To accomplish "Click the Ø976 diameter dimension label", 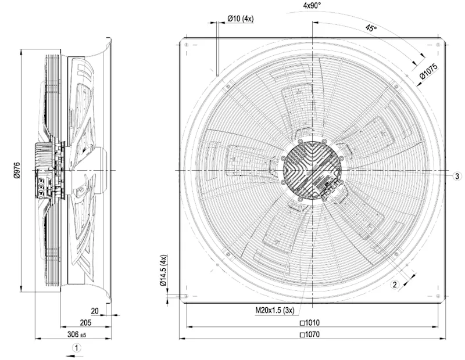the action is point(17,170).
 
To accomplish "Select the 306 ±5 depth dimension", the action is point(77,334).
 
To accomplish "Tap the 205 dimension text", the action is point(85,323).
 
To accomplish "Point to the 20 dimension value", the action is point(95,311).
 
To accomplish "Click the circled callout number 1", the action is point(77,348).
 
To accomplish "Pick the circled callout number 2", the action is point(395,285).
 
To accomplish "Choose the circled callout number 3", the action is point(457,176).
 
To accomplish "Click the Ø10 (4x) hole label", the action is point(241,19).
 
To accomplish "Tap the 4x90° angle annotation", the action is point(312,6).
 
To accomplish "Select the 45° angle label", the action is point(371,28).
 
